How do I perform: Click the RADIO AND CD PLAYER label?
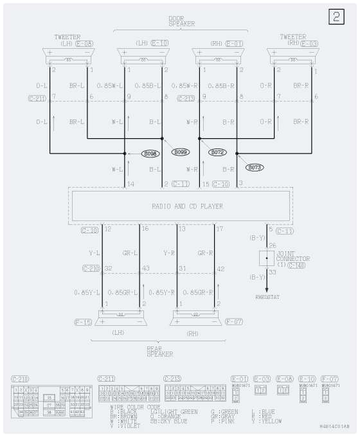pos(178,206)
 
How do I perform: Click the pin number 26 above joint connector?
pos(272,245)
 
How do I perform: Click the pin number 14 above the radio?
pos(130,184)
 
